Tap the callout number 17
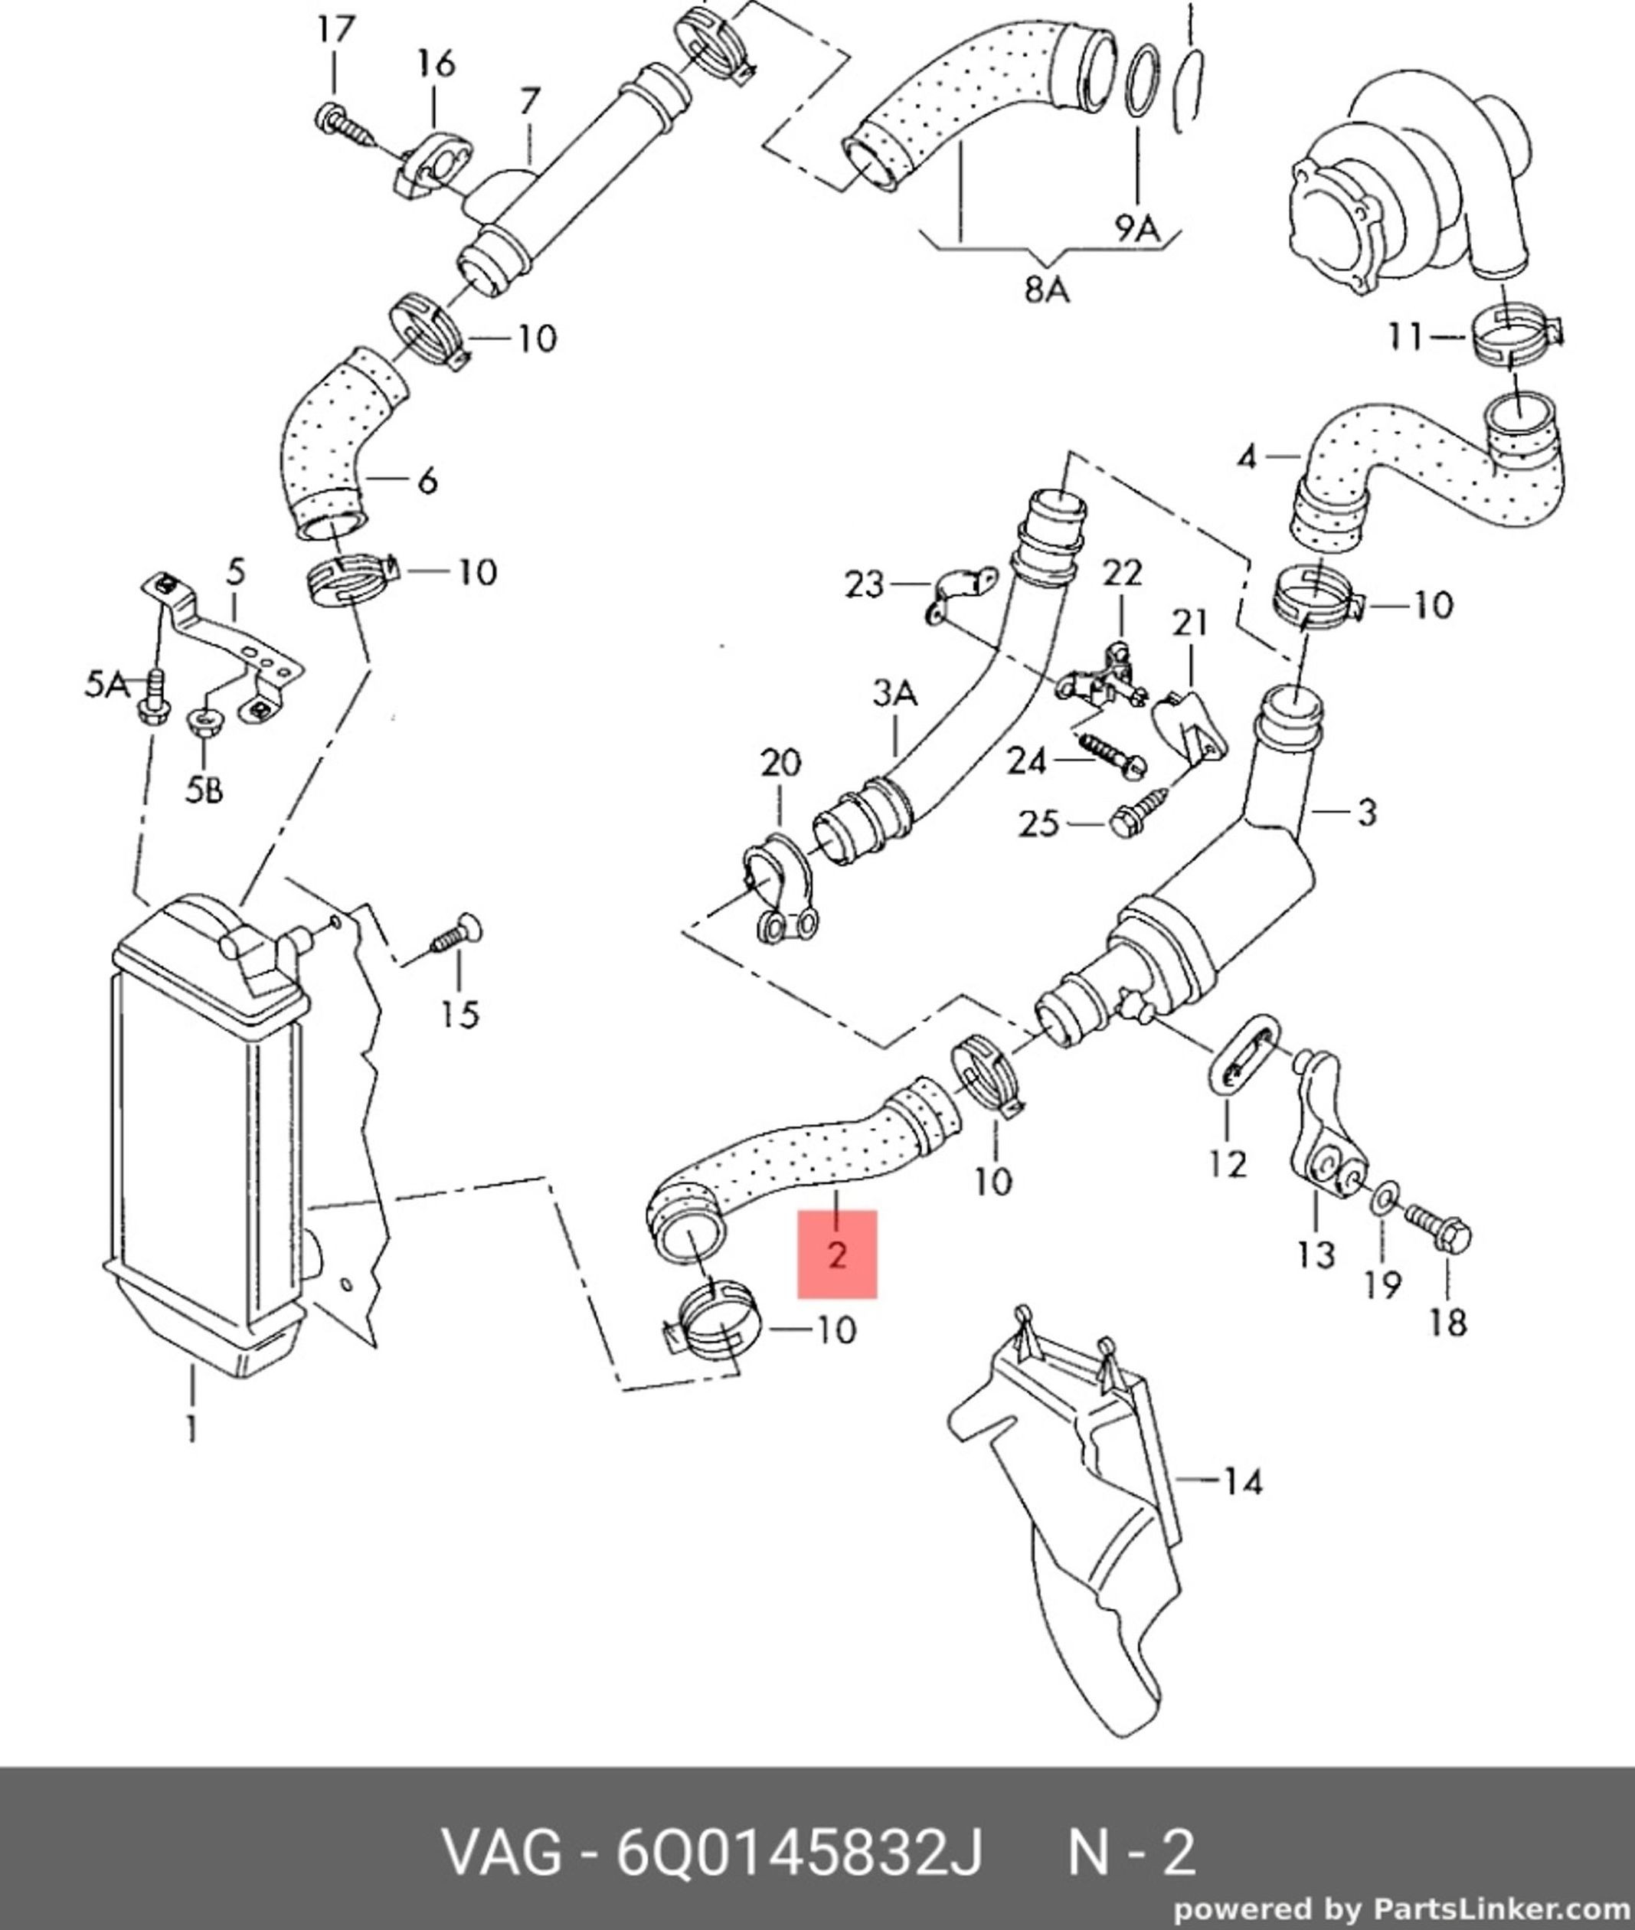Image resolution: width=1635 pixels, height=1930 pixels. point(335,31)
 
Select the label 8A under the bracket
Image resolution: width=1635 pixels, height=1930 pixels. point(1046,290)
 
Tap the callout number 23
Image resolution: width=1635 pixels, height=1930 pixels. point(864,585)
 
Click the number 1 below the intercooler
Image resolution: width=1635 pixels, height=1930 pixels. point(191,1428)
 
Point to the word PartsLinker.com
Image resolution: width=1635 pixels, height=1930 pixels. point(1503,1909)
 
